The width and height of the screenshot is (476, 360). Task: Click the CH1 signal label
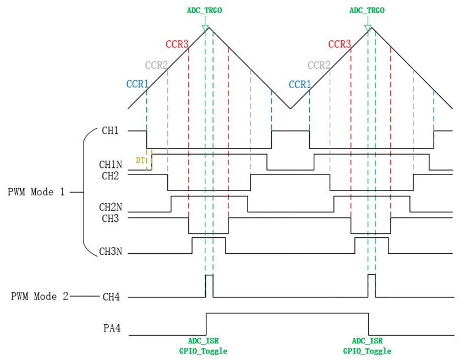pyautogui.click(x=110, y=131)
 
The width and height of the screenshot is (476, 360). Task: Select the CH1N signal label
pyautogui.click(x=110, y=164)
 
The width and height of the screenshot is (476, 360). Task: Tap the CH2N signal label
pyautogui.click(x=110, y=207)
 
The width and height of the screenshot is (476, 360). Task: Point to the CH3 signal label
pyautogui.click(x=110, y=219)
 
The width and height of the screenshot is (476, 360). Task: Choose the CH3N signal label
pyautogui.click(x=110, y=252)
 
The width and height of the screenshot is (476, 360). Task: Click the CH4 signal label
pyautogui.click(x=111, y=297)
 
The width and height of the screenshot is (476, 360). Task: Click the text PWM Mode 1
pyautogui.click(x=36, y=192)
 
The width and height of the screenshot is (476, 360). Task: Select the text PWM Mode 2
pyautogui.click(x=40, y=296)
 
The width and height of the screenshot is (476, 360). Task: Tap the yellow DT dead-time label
pyautogui.click(x=140, y=160)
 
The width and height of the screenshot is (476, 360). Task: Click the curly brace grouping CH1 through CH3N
pyautogui.click(x=84, y=192)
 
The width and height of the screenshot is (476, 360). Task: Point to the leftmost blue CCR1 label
pyautogui.click(x=137, y=84)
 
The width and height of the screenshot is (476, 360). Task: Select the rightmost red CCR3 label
pyautogui.click(x=340, y=44)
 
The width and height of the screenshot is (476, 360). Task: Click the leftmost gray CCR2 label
pyautogui.click(x=156, y=66)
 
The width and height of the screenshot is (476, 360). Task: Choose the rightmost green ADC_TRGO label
pyautogui.click(x=367, y=10)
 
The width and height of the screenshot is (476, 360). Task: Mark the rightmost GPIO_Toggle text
pyautogui.click(x=367, y=351)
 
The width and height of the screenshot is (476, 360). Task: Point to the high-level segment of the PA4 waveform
pyautogui.click(x=286, y=313)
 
